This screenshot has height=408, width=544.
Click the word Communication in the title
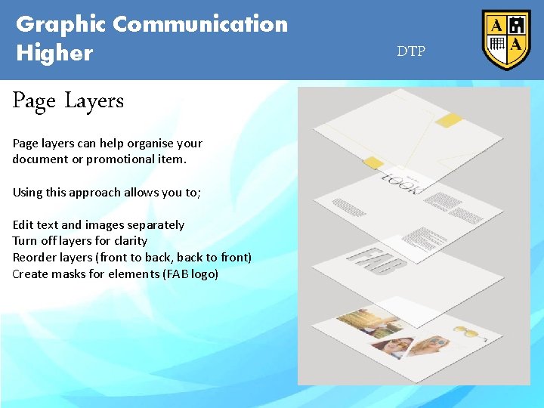tap(200, 24)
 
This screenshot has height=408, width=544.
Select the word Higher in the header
tap(54, 53)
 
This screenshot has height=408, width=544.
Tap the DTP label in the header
tap(411, 52)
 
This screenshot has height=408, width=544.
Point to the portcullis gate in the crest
tap(497, 45)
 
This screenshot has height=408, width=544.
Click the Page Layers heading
tap(68, 101)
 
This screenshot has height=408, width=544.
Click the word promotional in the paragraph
tap(115, 159)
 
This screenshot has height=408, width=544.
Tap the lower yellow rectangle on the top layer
tap(373, 162)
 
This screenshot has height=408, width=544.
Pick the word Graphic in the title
tap(61, 24)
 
